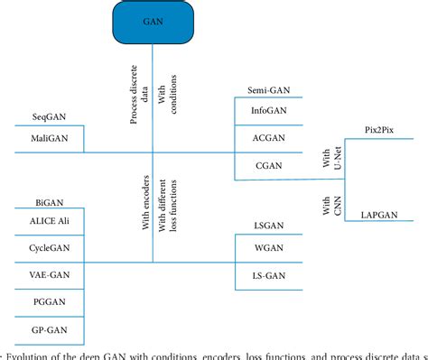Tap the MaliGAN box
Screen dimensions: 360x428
[47, 138]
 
